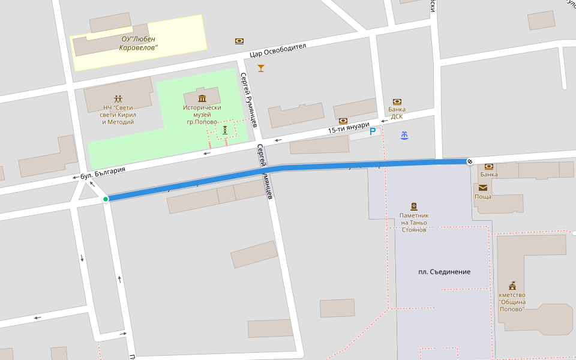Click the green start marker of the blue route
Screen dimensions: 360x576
click(106, 199)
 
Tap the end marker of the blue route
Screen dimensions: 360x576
click(470, 161)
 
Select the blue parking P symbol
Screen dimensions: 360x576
click(373, 131)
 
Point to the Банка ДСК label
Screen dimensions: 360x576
click(396, 113)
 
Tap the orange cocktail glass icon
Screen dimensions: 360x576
click(260, 68)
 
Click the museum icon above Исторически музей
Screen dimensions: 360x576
click(202, 98)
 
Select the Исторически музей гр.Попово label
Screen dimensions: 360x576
click(202, 115)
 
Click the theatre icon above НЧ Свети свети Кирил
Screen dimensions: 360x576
click(118, 98)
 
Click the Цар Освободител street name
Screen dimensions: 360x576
click(278, 51)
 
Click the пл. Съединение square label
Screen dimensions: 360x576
click(444, 272)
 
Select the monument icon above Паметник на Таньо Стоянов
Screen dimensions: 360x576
click(413, 206)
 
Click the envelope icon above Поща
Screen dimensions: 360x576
click(483, 187)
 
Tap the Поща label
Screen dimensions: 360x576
click(483, 197)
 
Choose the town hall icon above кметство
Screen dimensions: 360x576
click(512, 285)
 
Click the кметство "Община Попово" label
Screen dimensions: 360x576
click(512, 302)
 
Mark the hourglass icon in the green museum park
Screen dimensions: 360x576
click(225, 130)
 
